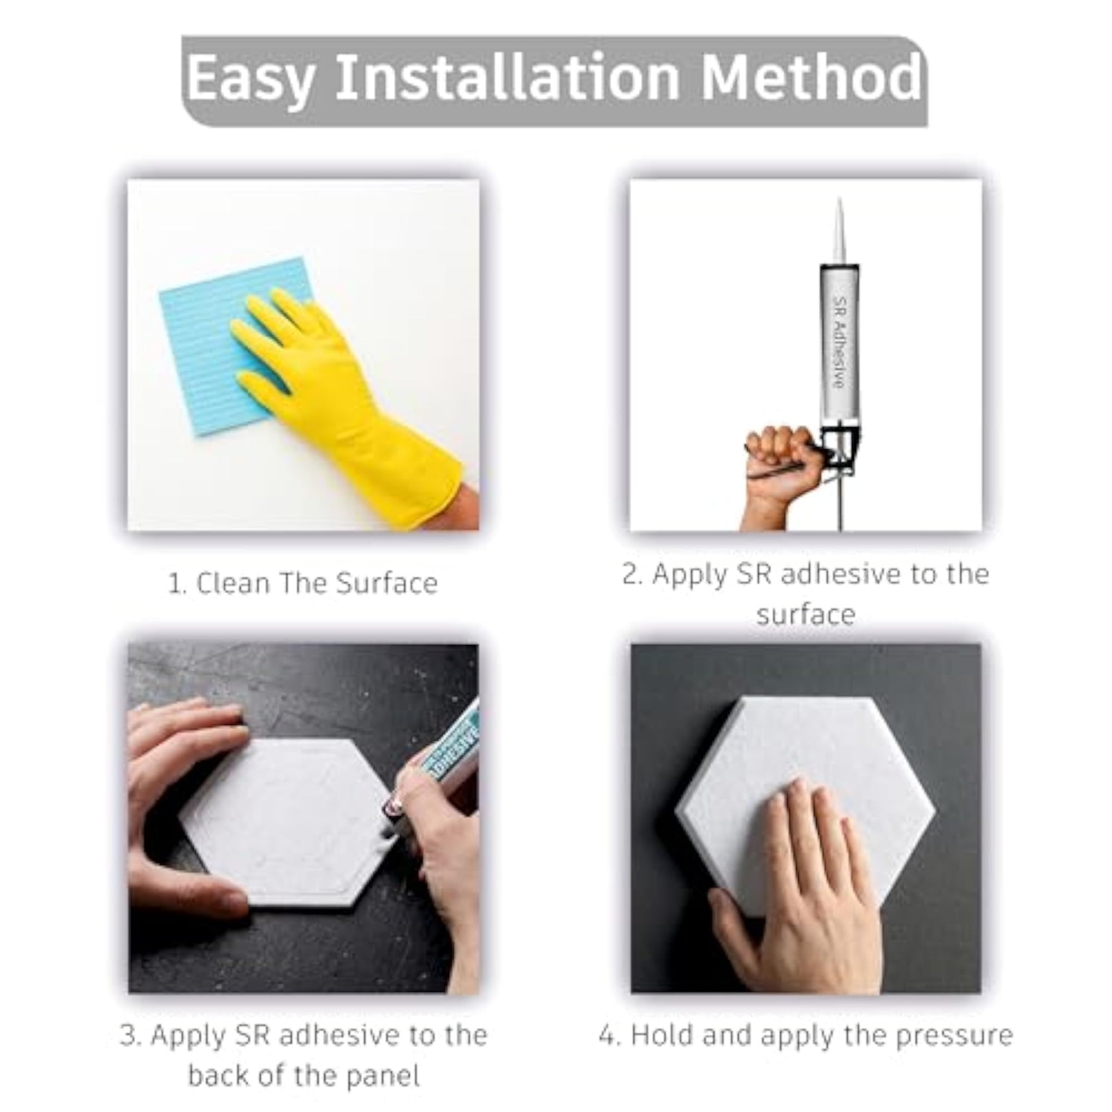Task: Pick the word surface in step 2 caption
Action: pyautogui.click(x=806, y=615)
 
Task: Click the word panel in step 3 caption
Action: pyautogui.click(x=382, y=1076)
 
